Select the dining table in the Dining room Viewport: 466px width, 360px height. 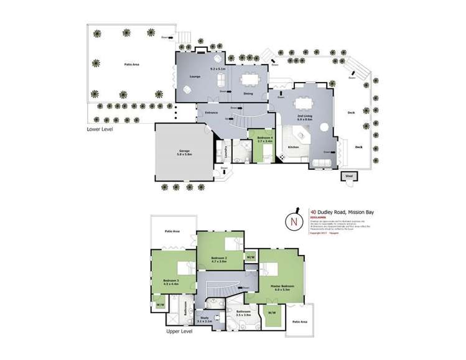coord(249,79)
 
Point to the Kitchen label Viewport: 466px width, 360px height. coord(294,147)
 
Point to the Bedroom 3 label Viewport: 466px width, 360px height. coord(170,280)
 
